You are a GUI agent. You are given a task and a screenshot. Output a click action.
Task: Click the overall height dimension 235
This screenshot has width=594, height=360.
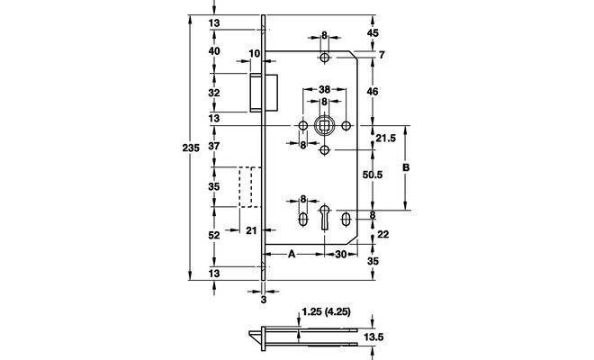(x=191, y=148)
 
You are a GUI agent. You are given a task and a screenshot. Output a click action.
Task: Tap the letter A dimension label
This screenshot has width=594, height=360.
(x=292, y=254)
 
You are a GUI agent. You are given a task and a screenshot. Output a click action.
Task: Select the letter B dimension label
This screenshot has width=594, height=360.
(x=406, y=167)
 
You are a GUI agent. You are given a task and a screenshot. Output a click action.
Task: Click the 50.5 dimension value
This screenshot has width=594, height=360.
(x=373, y=175)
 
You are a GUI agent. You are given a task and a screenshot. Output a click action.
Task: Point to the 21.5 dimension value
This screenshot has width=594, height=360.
(x=385, y=139)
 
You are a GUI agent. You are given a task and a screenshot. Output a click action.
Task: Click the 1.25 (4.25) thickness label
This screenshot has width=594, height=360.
(x=326, y=312)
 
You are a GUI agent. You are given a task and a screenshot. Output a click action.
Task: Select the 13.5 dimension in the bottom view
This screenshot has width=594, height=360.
(x=373, y=337)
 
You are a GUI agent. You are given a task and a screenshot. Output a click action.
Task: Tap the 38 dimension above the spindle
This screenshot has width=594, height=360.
(x=324, y=90)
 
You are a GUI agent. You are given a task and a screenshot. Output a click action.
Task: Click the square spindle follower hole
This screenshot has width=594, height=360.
(x=324, y=125)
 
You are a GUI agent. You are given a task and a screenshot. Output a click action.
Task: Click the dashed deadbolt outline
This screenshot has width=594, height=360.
(x=250, y=187)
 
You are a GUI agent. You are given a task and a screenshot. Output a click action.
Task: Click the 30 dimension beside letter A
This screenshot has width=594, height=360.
(x=341, y=255)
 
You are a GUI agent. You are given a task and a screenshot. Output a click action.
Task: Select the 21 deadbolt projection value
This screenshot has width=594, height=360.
(x=251, y=230)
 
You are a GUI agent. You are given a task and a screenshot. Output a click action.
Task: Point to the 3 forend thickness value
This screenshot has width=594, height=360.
(x=264, y=300)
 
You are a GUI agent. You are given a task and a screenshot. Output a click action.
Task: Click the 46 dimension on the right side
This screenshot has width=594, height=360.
(x=373, y=92)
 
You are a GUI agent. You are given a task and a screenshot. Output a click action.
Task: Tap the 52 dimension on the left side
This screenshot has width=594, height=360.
(x=214, y=235)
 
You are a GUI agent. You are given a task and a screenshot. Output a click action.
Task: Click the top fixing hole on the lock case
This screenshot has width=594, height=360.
(x=324, y=58)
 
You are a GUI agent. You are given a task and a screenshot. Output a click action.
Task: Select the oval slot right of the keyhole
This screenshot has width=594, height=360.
(x=346, y=220)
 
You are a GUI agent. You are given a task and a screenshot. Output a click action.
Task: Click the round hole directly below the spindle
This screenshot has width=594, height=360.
(x=324, y=150)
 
